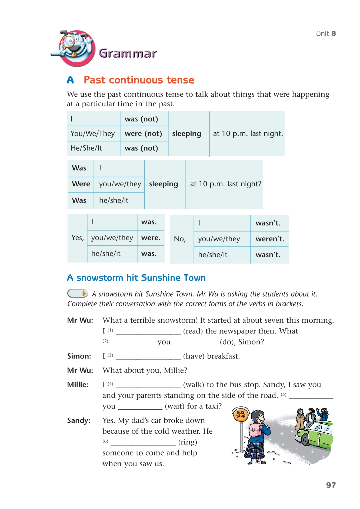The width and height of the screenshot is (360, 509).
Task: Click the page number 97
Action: coord(331,485)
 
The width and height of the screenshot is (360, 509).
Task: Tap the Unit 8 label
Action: coord(326,33)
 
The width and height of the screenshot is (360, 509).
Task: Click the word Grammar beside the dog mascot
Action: coord(128,53)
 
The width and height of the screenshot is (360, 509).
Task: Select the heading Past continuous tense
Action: coord(139,80)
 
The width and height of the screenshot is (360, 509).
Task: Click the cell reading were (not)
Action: coord(143,133)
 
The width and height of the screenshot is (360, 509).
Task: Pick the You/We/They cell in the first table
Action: coord(93,133)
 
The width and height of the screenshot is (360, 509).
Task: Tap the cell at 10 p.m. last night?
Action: coord(225,184)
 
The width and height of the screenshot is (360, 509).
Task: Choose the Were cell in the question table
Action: coord(81,184)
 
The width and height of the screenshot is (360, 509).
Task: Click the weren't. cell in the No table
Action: coord(269,239)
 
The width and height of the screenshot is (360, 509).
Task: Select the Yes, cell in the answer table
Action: coord(78,238)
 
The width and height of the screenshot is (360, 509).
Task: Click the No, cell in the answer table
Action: coord(180,239)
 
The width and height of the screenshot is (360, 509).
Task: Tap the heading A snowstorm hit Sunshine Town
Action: coord(136,278)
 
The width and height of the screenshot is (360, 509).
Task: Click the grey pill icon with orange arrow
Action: coord(77,293)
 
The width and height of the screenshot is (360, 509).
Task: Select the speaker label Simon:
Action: coord(79,356)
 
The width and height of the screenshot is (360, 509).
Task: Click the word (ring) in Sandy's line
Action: coord(188,442)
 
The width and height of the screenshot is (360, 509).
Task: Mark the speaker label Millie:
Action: coord(78,385)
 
